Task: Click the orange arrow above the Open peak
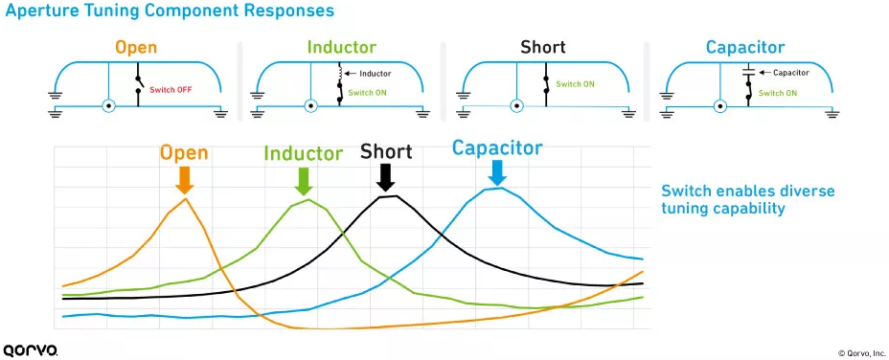pos(185,180)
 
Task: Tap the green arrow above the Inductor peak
pos(304,181)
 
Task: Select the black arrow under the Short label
pos(386,177)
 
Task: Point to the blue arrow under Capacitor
pos(497,172)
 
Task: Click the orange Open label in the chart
pos(184,152)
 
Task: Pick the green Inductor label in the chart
pos(304,153)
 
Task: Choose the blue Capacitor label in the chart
pos(497,147)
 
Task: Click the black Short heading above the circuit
pos(543,47)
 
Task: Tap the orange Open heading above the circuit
pos(135,47)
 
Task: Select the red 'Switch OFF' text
pos(168,90)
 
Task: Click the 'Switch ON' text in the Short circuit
pos(576,84)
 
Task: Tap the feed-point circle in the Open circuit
pos(108,106)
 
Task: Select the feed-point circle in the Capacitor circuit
pos(720,106)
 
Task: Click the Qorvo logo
pos(31,349)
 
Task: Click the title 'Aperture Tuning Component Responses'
pos(170,11)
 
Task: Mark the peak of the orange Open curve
pos(185,198)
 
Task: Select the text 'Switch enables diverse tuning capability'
pos(748,199)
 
